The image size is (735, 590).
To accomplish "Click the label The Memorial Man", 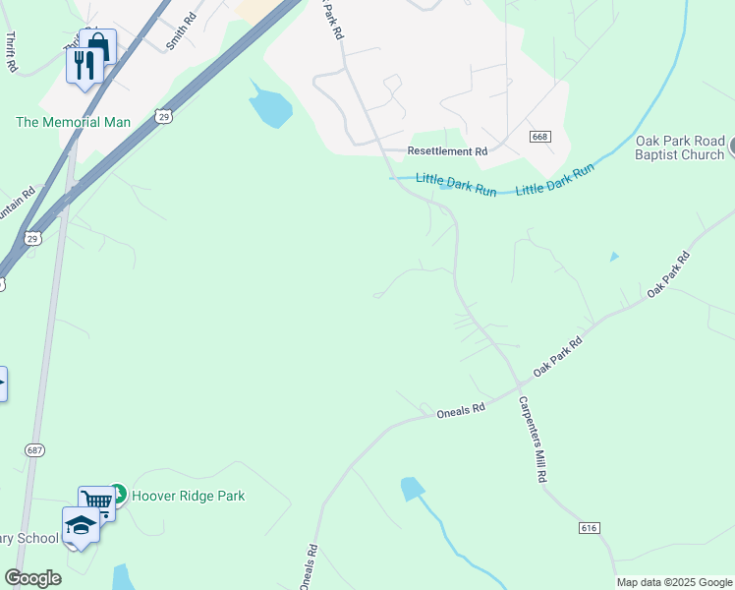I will pos(73,123).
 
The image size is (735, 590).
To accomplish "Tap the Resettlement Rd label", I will pos(447,152).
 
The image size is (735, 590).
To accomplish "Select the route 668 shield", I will pos(538,137).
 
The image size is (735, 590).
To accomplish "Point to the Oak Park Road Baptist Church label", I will pos(679,147).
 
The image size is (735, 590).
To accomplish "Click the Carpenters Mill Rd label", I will pos(532,439).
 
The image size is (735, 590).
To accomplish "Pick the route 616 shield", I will pos(589,528).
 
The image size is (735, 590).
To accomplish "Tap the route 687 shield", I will pos(34,449).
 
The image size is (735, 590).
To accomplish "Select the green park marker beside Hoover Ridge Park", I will pos(117,492).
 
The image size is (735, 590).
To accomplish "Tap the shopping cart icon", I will pos(96,501).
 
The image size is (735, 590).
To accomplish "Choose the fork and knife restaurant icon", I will pos(84,64).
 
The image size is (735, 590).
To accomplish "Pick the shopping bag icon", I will pos(98,45).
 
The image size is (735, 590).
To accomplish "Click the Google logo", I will pos(32,578).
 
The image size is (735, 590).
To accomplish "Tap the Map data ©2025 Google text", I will pos(674,582).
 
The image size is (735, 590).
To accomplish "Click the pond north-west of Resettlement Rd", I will pos(268,107).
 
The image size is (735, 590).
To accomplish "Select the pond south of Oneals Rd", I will pos(412,488).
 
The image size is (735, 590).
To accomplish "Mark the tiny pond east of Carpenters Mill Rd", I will pos(614,257).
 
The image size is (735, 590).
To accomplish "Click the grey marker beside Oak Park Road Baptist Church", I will pos(730,147).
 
